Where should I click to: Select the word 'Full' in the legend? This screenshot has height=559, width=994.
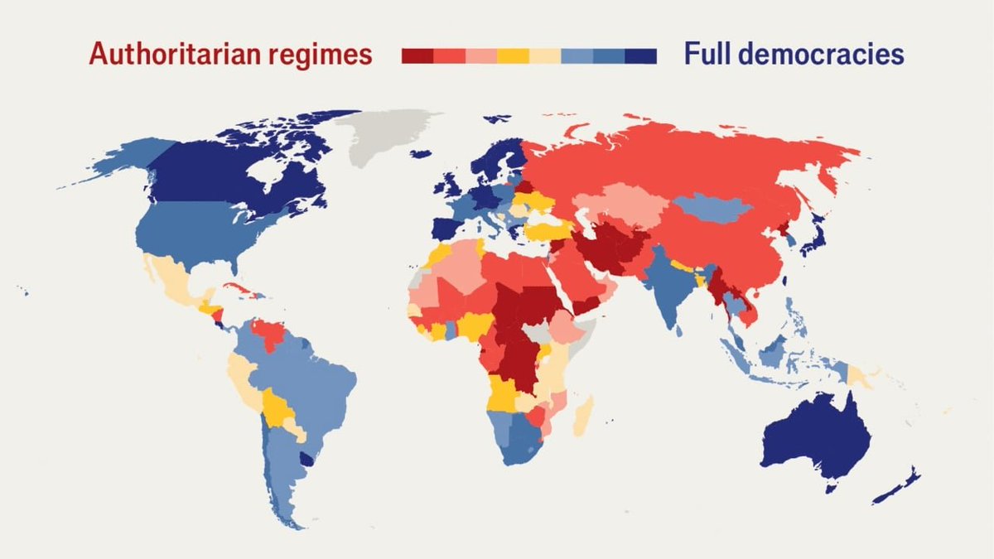click(x=711, y=55)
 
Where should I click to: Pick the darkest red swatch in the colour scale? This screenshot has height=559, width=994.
click(x=417, y=55)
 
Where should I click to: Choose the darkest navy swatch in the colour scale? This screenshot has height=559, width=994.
click(x=640, y=55)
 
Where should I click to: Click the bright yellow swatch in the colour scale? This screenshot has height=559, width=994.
click(x=514, y=55)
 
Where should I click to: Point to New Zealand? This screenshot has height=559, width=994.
click(x=899, y=489)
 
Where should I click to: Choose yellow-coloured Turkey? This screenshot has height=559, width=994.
click(x=547, y=229)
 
